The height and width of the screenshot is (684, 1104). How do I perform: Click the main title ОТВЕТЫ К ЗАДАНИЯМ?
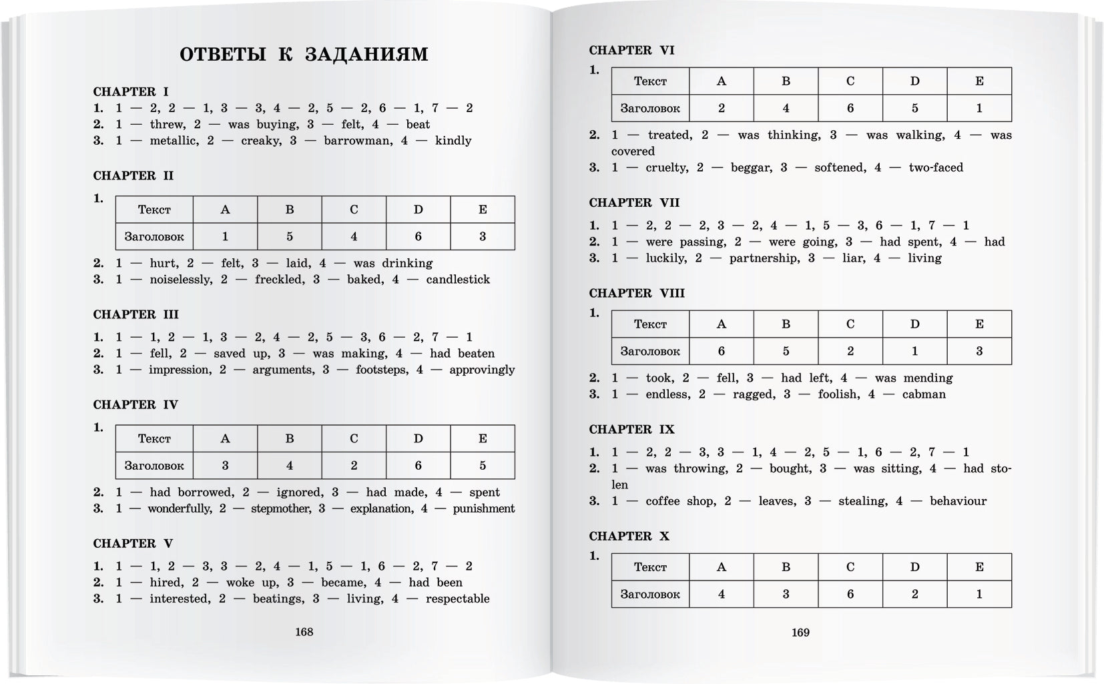pyautogui.click(x=304, y=54)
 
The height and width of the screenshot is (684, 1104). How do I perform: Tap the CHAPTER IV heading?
pyautogui.click(x=135, y=404)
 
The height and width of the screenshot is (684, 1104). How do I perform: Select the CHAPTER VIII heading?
pyautogui.click(x=637, y=293)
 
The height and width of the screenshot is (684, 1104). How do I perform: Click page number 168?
pyautogui.click(x=304, y=631)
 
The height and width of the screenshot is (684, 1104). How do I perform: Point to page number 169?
pyautogui.click(x=800, y=632)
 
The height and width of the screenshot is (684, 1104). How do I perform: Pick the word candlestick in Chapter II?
pyautogui.click(x=458, y=280)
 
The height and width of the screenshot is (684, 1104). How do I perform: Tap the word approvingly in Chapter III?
pyautogui.click(x=482, y=370)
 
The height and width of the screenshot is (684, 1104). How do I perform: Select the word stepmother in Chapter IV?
pyautogui.click(x=279, y=508)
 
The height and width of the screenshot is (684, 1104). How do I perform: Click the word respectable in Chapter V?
pyautogui.click(x=457, y=599)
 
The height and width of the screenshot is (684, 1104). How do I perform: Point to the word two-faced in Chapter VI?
pyautogui.click(x=936, y=167)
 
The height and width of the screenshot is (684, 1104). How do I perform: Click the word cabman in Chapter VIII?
pyautogui.click(x=924, y=394)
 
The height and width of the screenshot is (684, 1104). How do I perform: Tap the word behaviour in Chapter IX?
pyautogui.click(x=958, y=501)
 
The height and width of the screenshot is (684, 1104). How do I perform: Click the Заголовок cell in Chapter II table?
pyautogui.click(x=154, y=236)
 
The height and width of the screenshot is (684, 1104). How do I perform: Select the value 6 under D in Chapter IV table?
pyautogui.click(x=419, y=465)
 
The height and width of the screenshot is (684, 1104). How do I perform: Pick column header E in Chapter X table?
pyautogui.click(x=979, y=567)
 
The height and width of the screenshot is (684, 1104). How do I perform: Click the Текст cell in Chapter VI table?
pyautogui.click(x=650, y=81)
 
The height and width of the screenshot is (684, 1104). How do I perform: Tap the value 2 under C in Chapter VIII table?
pyautogui.click(x=850, y=351)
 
